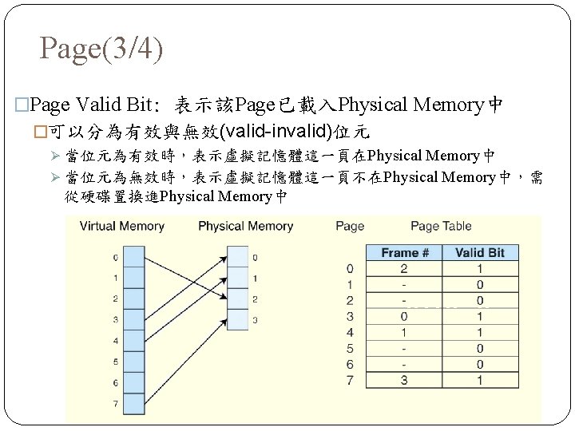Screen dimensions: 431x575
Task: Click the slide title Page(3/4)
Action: pos(101,49)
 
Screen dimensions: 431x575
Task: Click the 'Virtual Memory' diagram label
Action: pos(121,227)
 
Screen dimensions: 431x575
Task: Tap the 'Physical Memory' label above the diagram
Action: pos(245,227)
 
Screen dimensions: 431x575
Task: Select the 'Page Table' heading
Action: pos(441,227)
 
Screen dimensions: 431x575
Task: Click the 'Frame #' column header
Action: pos(404,252)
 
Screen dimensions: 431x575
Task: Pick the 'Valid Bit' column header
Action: pos(479,252)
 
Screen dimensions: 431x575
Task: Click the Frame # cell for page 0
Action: pos(404,269)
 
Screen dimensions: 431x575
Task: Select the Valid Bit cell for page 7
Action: pos(479,380)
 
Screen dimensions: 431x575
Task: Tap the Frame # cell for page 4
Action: pos(404,332)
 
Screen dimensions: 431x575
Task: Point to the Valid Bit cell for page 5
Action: pos(479,348)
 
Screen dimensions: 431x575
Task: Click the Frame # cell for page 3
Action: pos(404,316)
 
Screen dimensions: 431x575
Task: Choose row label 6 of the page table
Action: pos(350,364)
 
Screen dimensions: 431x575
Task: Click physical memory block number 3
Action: pos(237,319)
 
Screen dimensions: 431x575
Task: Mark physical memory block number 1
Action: pos(237,279)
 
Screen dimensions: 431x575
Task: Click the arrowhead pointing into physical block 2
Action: pos(223,299)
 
